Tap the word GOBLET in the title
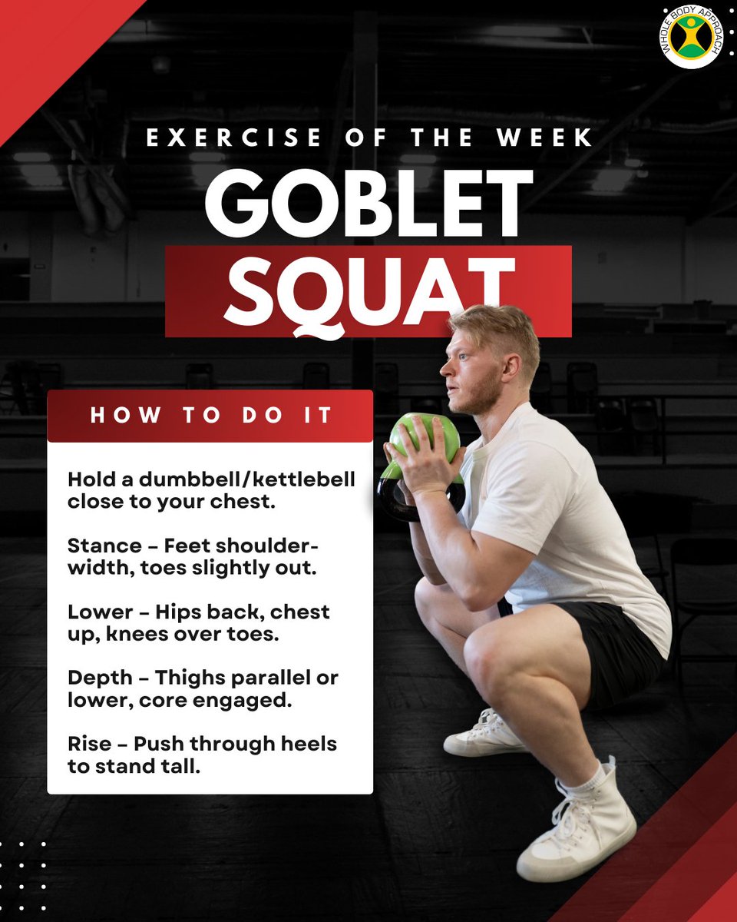tap(368, 203)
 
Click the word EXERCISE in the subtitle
tap(233, 138)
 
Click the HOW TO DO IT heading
tap(211, 416)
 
